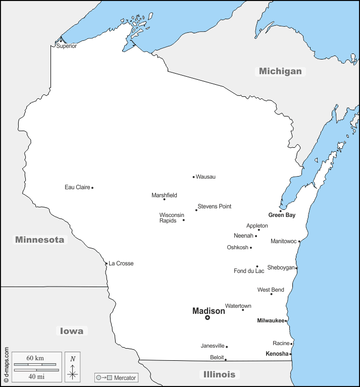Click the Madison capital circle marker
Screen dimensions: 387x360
pyautogui.click(x=208, y=318)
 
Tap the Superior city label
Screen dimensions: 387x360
pyautogui.click(x=67, y=46)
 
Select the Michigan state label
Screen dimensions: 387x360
pyautogui.click(x=280, y=71)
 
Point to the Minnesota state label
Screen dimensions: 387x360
pyautogui.click(x=40, y=240)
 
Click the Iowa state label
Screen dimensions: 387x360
pyautogui.click(x=72, y=331)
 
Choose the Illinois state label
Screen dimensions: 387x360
pyautogui.click(x=219, y=374)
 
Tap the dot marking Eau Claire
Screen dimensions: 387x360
pyautogui.click(x=92, y=188)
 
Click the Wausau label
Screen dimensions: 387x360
pyautogui.click(x=206, y=177)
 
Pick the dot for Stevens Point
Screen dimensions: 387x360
pyautogui.click(x=196, y=210)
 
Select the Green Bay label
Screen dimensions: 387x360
pyautogui.click(x=282, y=215)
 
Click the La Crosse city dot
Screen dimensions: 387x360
pyautogui.click(x=107, y=263)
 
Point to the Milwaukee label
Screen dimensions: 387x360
pyautogui.click(x=271, y=320)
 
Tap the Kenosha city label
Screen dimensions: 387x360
pyautogui.click(x=277, y=354)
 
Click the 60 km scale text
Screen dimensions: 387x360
pyautogui.click(x=35, y=358)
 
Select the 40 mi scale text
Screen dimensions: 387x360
pyautogui.click(x=35, y=376)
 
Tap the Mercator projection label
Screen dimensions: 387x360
pyautogui.click(x=125, y=377)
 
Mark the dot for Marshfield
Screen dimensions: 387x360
pyautogui.click(x=164, y=199)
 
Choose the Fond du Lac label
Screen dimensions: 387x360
pyautogui.click(x=249, y=271)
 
